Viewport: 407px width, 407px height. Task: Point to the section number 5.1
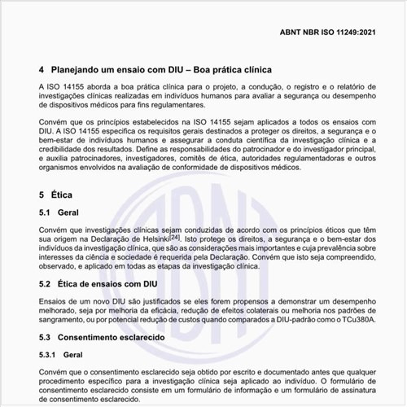click(x=48, y=212)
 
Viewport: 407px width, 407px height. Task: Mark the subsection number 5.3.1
click(x=50, y=355)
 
